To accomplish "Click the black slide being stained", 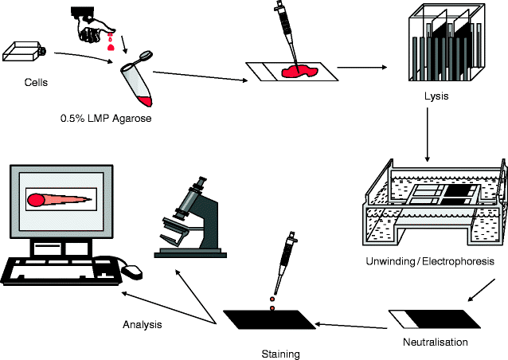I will click(x=269, y=322).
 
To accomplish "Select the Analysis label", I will click(x=142, y=324).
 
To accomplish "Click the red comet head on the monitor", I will click(x=38, y=199).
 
